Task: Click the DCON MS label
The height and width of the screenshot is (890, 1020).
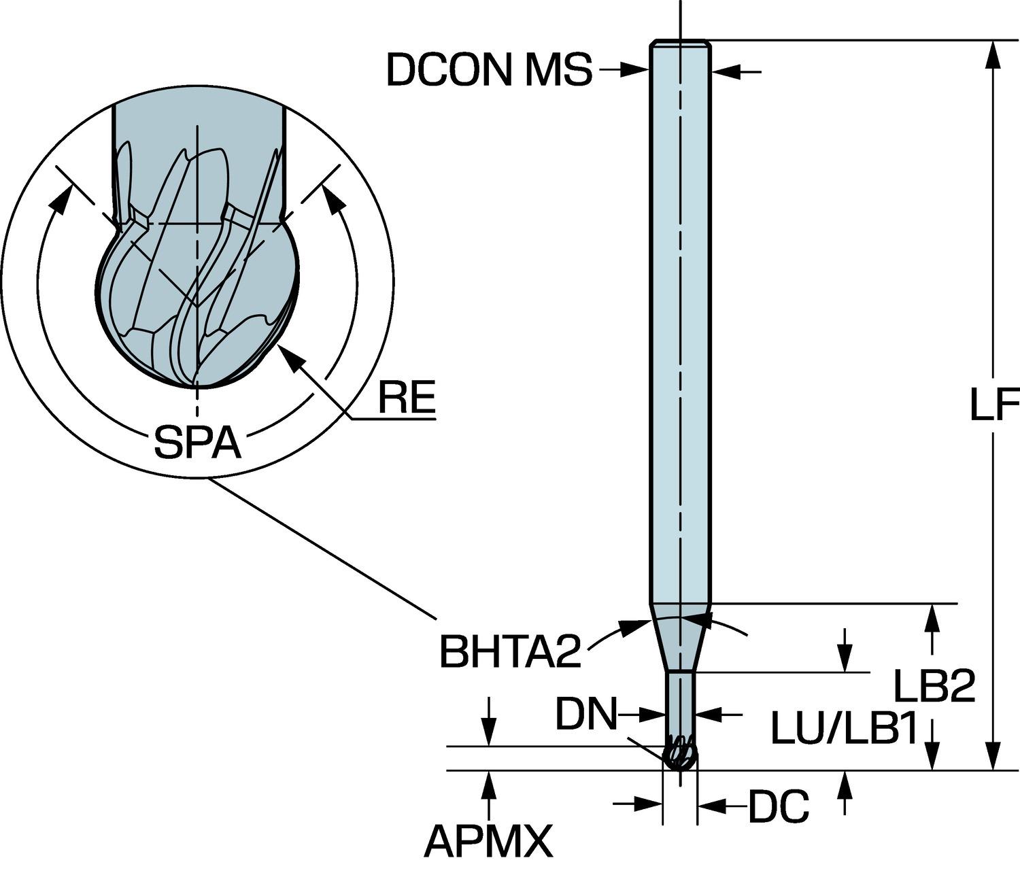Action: tap(489, 70)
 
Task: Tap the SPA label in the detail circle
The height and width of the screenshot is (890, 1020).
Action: tap(197, 443)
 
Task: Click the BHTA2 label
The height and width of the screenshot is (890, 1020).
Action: tap(510, 652)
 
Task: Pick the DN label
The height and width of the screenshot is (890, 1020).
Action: tap(585, 715)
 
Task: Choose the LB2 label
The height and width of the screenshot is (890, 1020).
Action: tap(933, 686)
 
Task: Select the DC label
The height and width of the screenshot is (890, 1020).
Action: tap(779, 807)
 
